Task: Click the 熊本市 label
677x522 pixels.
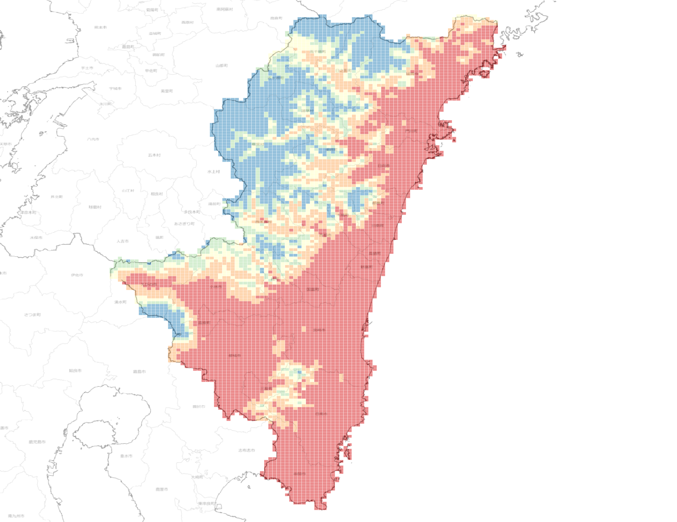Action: (100, 27)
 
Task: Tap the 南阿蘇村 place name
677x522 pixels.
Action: (224, 9)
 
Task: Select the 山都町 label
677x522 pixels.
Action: (222, 66)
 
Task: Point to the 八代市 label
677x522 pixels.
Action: (93, 139)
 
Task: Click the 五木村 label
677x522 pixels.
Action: (154, 155)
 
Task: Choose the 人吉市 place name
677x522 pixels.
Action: (122, 241)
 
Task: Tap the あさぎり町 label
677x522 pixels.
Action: (184, 224)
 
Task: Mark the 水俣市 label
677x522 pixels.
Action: (36, 237)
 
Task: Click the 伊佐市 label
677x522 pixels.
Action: (77, 275)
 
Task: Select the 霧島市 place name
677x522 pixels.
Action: (139, 372)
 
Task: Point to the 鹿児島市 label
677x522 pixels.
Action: (37, 442)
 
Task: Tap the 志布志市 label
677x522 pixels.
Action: (246, 450)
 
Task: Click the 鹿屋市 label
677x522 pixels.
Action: (162, 489)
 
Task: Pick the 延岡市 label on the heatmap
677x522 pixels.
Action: (412, 74)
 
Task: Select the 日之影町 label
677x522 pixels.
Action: (343, 71)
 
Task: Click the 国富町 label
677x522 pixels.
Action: (312, 289)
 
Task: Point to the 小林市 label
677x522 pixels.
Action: (216, 287)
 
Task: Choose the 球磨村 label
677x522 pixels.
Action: (95, 207)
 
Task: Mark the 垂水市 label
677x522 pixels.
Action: (126, 456)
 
